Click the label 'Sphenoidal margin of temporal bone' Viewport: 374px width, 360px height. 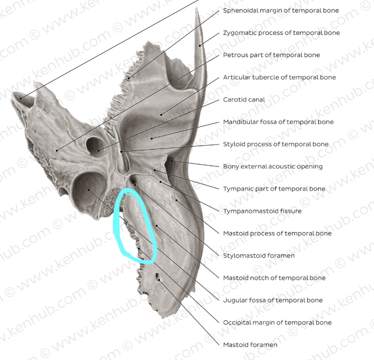tap(280, 11)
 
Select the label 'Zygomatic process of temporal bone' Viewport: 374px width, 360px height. tap(281, 33)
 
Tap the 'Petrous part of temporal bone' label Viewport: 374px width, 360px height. tap(271, 55)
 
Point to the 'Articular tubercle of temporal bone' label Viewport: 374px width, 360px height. tap(280, 77)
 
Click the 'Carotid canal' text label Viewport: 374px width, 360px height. tap(244, 99)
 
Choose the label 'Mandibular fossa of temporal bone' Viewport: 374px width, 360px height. tap(278, 122)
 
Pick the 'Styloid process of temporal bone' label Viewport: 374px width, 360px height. tap(276, 144)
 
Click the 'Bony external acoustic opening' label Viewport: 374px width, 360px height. tap(273, 166)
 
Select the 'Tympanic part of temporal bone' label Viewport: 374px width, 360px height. tap(274, 189)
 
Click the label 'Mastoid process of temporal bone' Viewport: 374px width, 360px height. tap(277, 233)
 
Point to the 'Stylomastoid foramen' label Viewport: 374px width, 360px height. tap(259, 255)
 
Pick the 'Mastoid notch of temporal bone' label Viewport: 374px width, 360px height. tap(274, 277)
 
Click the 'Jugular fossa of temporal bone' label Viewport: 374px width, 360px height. tap(273, 300)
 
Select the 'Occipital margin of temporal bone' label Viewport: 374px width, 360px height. tap(277, 322)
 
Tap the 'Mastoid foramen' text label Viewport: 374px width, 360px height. tap(250, 345)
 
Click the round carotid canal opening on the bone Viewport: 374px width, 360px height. tap(93, 144)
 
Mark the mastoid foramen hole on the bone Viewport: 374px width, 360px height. tap(158, 277)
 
